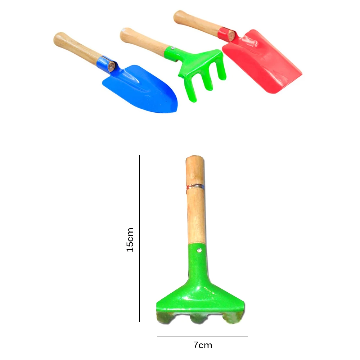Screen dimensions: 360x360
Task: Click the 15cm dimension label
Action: coord(130,239)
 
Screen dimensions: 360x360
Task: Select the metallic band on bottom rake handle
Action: coord(195,186)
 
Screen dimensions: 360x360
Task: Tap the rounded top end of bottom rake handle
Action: coord(195,158)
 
